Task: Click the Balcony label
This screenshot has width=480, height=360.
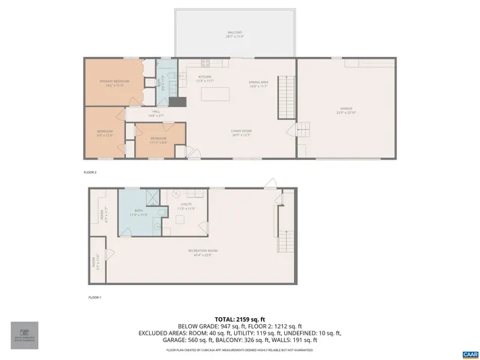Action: pyautogui.click(x=235, y=34)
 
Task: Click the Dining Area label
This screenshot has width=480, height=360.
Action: pyautogui.click(x=259, y=84)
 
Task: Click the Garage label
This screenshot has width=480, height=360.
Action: pyautogui.click(x=346, y=110)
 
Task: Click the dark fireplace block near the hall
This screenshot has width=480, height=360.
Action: pyautogui.click(x=177, y=103)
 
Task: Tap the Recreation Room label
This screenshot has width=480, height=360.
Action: pyautogui.click(x=202, y=253)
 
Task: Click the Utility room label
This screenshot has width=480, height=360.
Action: pyautogui.click(x=186, y=205)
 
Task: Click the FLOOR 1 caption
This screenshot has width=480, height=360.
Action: pyautogui.click(x=94, y=298)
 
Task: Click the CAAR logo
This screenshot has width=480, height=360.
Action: pyautogui.click(x=469, y=352)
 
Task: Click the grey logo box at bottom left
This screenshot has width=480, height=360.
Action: pyautogui.click(x=24, y=334)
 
